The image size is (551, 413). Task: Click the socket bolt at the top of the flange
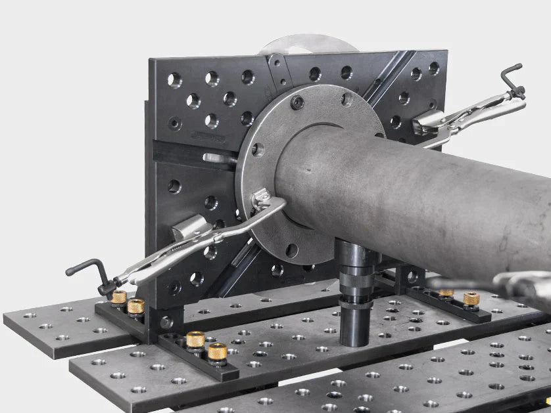pyautogui.click(x=297, y=102)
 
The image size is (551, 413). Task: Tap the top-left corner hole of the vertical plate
pyautogui.click(x=174, y=79)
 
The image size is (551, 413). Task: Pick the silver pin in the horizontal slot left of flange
pyautogui.click(x=219, y=158)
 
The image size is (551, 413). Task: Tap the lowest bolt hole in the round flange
pyautogui.click(x=292, y=250)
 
